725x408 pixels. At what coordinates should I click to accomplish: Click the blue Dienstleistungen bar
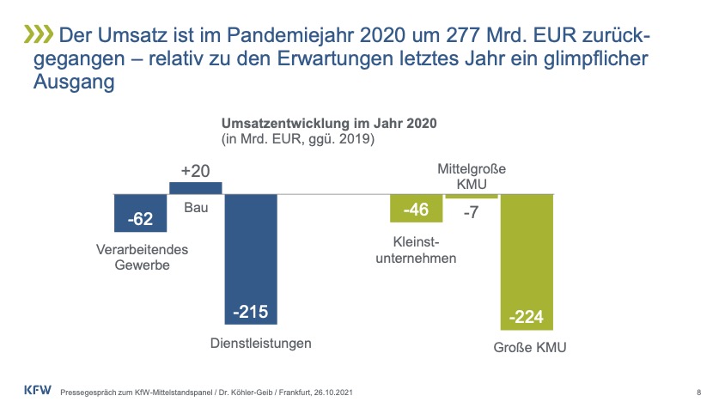(251, 258)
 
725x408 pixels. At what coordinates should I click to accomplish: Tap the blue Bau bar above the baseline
(196, 187)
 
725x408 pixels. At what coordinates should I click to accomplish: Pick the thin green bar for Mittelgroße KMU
(471, 197)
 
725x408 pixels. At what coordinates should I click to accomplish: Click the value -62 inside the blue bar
(140, 219)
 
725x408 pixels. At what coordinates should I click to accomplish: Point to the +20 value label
(195, 170)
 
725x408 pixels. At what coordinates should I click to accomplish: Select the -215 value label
(251, 312)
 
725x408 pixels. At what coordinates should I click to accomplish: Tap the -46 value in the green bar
(416, 210)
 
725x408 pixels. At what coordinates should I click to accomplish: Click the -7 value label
(471, 213)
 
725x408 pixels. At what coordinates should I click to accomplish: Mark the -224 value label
(527, 318)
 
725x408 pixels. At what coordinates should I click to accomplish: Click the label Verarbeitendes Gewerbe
(142, 257)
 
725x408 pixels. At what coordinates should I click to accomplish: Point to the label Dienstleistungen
(260, 344)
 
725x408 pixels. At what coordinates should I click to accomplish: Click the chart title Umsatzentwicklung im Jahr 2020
(330, 123)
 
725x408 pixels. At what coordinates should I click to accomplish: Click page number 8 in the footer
(698, 393)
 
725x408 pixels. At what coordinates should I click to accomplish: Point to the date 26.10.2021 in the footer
(327, 393)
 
